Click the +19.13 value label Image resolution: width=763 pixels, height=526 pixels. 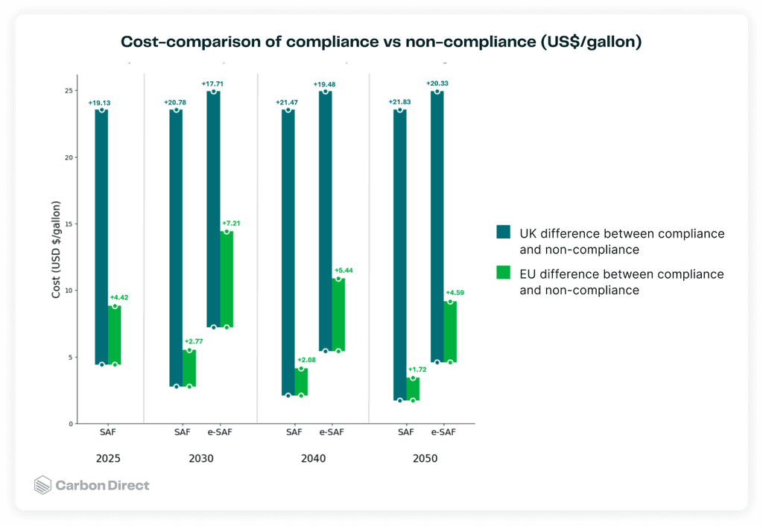coord(100,102)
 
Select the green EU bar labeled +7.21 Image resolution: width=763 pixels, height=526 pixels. coord(227,279)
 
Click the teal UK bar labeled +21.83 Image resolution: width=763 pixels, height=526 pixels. coord(400,255)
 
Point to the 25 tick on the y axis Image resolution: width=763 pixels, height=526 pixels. coord(69,91)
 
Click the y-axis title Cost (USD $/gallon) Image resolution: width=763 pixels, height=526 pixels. coord(57,249)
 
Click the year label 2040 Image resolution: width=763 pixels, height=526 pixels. coord(313,459)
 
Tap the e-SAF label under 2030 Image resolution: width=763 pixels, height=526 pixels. coord(220,432)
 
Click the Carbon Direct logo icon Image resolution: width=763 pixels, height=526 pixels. coord(43,486)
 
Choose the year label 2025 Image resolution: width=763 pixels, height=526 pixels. coord(108,459)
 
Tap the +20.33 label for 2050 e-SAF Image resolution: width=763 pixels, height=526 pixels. coord(437,83)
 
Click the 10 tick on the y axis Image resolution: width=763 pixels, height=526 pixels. coord(69,291)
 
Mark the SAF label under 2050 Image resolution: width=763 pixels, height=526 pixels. coord(406,432)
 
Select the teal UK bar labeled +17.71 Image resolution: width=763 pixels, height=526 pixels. coord(213,209)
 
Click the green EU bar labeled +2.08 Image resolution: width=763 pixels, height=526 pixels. coord(301,381)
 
